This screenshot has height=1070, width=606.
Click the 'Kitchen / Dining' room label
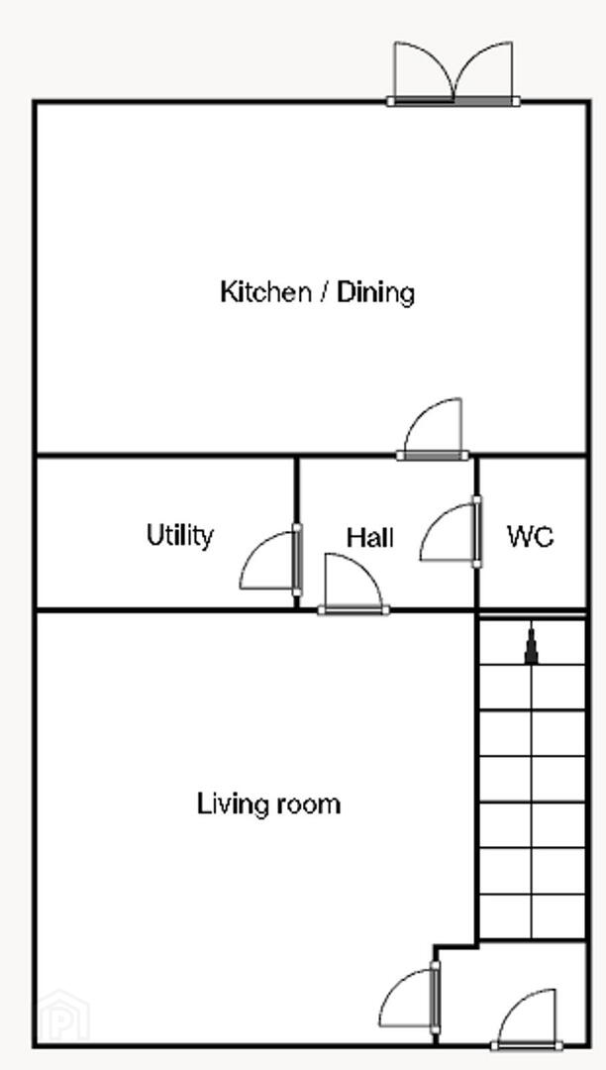tap(317, 292)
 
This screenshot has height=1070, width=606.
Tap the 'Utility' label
tap(180, 535)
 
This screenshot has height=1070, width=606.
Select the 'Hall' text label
tap(370, 538)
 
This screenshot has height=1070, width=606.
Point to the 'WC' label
tap(531, 537)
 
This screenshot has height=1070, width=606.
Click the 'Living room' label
tap(268, 803)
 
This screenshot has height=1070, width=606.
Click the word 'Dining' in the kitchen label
tap(376, 292)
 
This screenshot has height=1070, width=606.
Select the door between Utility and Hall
tap(270, 560)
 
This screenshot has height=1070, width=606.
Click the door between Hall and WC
tap(451, 532)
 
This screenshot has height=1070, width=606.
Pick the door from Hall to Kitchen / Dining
tap(433, 429)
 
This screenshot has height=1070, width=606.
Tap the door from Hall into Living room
tap(353, 585)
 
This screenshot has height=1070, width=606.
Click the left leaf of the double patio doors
tap(423, 73)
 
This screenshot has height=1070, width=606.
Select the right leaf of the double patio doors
tap(485, 73)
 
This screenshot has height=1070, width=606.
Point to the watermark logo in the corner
tap(63, 1016)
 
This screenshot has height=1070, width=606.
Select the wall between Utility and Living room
tap(165, 610)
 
